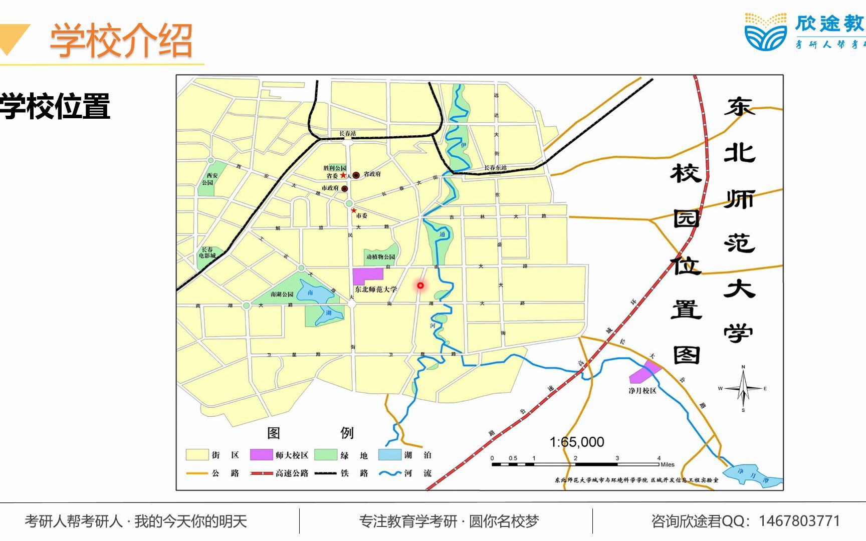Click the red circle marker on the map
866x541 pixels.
pyautogui.click(x=420, y=286)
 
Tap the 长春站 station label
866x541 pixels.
pyautogui.click(x=347, y=133)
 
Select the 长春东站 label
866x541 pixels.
pyautogui.click(x=495, y=168)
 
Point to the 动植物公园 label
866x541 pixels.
pyautogui.click(x=380, y=257)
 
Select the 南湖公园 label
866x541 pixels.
pyautogui.click(x=282, y=294)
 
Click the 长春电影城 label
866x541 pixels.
pyautogui.click(x=207, y=252)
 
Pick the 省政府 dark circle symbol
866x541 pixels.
pyautogui.click(x=356, y=175)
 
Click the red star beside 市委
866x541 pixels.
pyautogui.click(x=354, y=210)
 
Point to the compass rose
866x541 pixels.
pyautogui.click(x=743, y=389)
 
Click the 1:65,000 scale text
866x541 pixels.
pyautogui.click(x=577, y=442)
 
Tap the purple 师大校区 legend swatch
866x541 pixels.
pyautogui.click(x=261, y=455)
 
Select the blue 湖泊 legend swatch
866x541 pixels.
pyautogui.click(x=389, y=455)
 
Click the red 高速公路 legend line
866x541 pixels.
pyautogui.click(x=262, y=473)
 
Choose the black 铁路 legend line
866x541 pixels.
pyautogui.click(x=325, y=473)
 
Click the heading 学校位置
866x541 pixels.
pyautogui.click(x=55, y=106)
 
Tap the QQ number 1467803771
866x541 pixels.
pyautogui.click(x=799, y=521)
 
